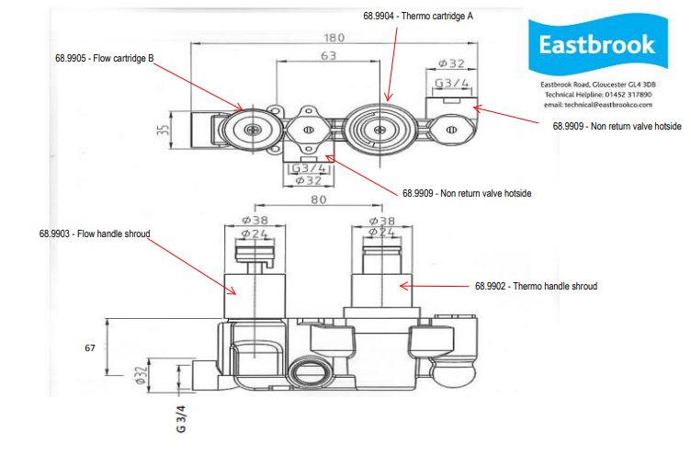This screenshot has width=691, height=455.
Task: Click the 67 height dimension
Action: point(89,348)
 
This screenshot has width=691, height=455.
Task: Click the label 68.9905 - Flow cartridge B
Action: point(104,58)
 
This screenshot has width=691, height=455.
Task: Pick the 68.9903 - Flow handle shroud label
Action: point(94,234)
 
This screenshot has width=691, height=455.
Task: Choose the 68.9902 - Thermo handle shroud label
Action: point(536,287)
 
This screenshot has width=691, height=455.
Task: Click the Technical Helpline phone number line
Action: point(597,95)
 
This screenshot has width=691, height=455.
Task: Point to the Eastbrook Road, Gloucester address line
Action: point(597,85)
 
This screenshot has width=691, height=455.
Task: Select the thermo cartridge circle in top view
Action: point(379,130)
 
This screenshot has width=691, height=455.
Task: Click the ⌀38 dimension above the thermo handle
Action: point(381,221)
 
